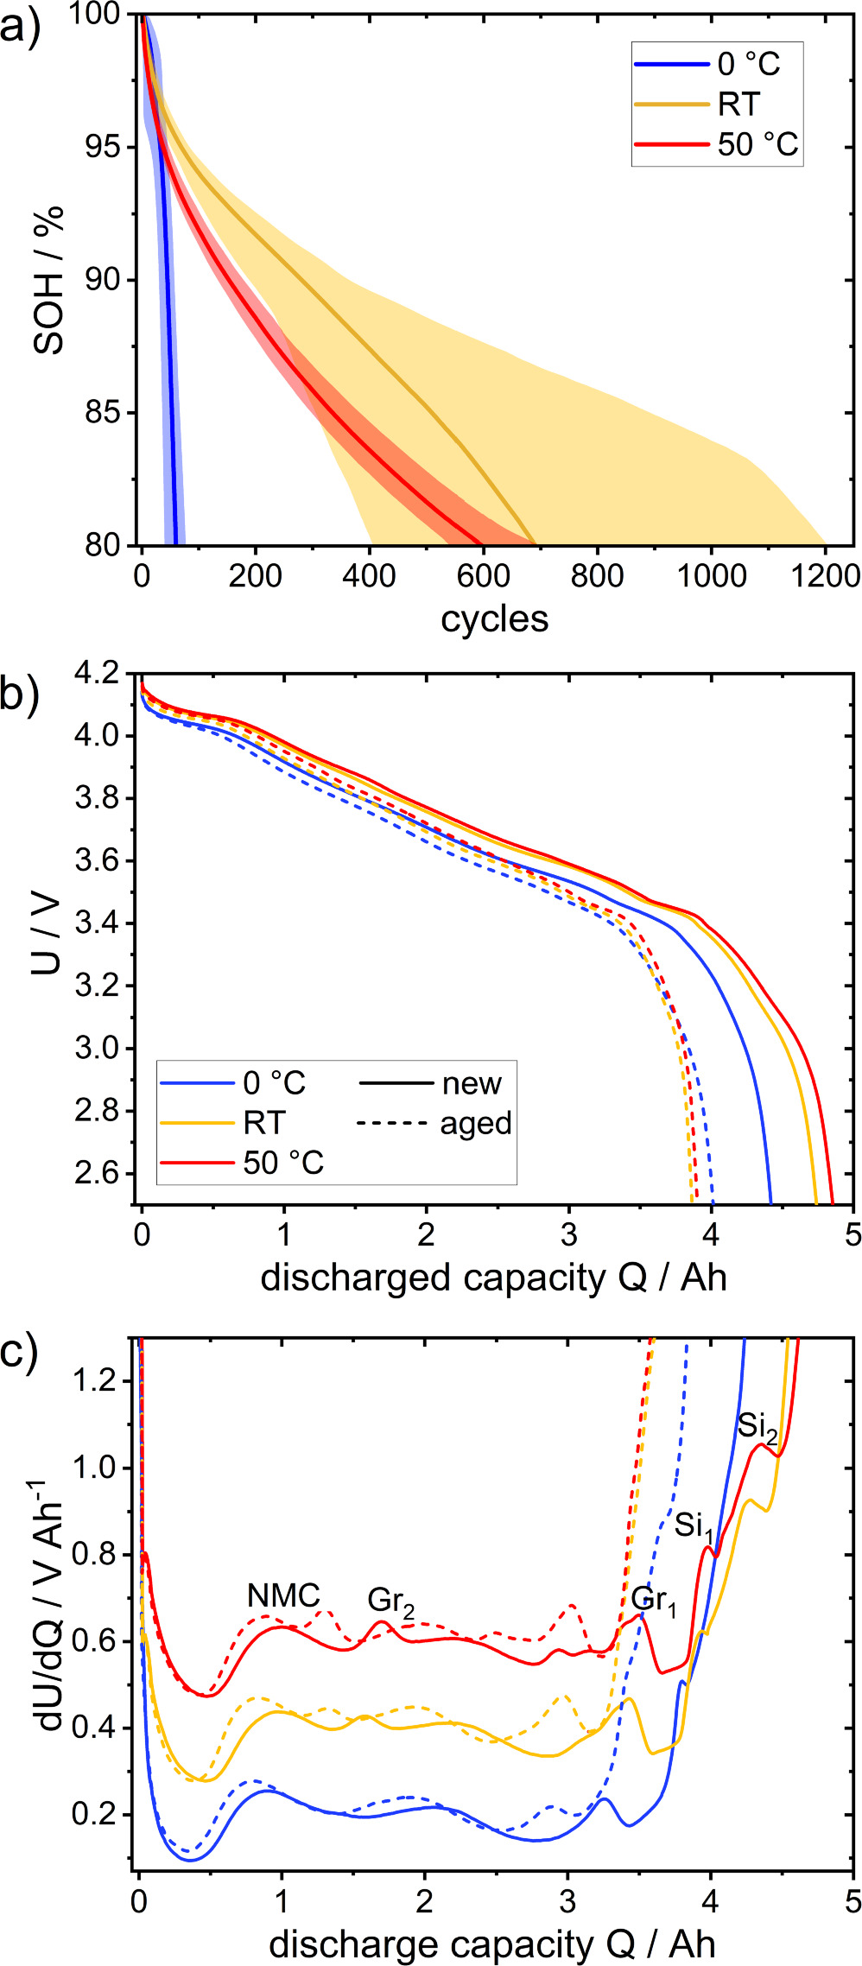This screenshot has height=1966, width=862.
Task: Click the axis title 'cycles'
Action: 494,618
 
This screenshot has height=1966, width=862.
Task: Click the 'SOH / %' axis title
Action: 49,280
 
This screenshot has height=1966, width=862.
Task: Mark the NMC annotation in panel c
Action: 283,1596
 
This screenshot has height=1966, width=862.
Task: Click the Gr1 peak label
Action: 654,1600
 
